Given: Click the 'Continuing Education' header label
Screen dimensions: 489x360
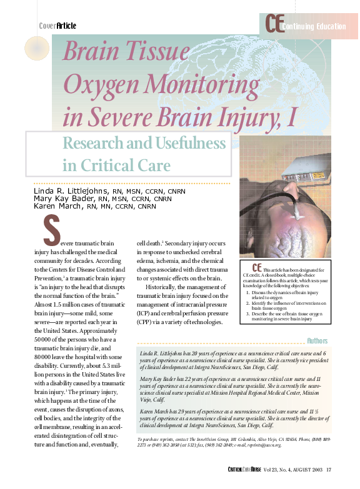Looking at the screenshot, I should click(x=313, y=26).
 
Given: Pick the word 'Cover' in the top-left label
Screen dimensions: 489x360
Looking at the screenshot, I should click(x=47, y=26).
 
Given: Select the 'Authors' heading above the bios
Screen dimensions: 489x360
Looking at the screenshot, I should click(x=317, y=341).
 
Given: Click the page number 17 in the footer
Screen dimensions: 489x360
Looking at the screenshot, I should click(x=329, y=470).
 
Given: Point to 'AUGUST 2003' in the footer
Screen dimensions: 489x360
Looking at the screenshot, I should click(x=302, y=470).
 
